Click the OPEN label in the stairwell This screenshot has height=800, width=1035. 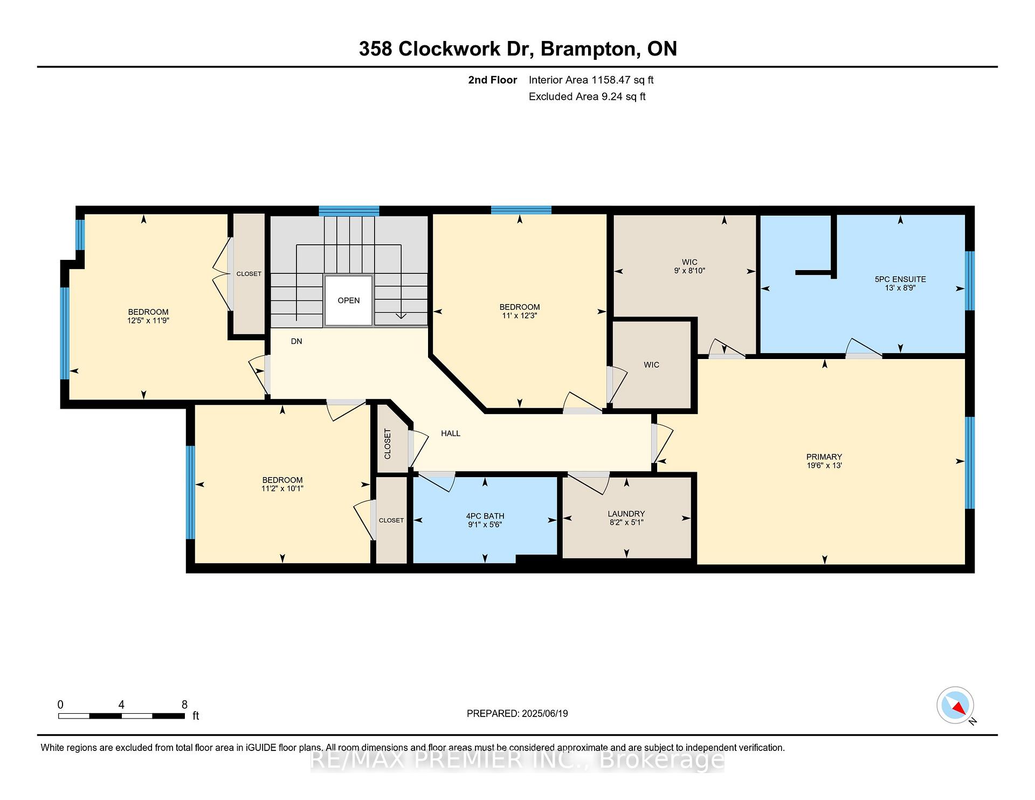pyautogui.click(x=349, y=300)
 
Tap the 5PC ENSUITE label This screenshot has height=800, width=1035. pyautogui.click(x=900, y=279)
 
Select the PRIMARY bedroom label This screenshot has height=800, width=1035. pyautogui.click(x=824, y=457)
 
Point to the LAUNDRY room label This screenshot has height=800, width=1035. pyautogui.click(x=626, y=514)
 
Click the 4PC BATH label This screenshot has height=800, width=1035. pyautogui.click(x=485, y=516)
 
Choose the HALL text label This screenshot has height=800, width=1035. pyautogui.click(x=451, y=433)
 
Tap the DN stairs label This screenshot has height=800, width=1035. pyautogui.click(x=296, y=341)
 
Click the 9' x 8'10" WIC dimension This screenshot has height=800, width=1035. pyautogui.click(x=689, y=271)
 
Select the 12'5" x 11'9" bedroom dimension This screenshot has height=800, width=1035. pyautogui.click(x=148, y=321)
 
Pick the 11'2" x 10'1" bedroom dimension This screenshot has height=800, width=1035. pyautogui.click(x=282, y=489)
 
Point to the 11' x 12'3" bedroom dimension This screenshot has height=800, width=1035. pyautogui.click(x=520, y=316)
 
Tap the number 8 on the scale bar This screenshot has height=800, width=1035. pyautogui.click(x=184, y=705)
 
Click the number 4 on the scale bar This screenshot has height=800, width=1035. pyautogui.click(x=121, y=705)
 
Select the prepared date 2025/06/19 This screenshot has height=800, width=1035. pyautogui.click(x=545, y=714)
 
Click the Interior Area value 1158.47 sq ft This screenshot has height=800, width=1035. pyautogui.click(x=623, y=80)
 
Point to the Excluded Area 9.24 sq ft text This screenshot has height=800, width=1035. pyautogui.click(x=587, y=96)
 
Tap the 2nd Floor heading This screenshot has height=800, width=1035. pyautogui.click(x=493, y=80)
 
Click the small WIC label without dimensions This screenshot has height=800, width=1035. pyautogui.click(x=651, y=365)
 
